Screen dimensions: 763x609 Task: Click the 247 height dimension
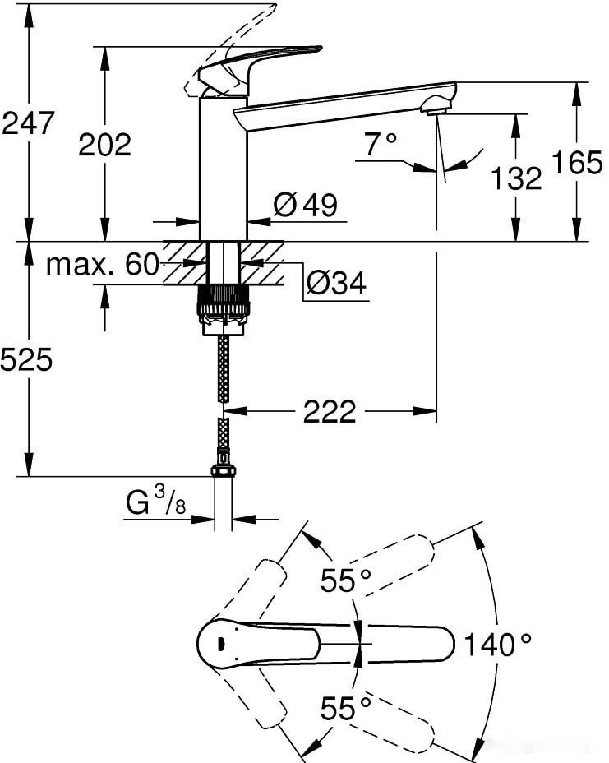click(x=28, y=123)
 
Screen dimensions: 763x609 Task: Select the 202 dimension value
click(x=104, y=145)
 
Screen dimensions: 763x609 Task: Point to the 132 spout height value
click(x=517, y=178)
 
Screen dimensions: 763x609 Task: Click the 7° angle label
click(x=381, y=146)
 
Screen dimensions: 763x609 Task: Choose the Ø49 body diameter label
click(x=305, y=206)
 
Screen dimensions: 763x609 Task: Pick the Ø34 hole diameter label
click(x=336, y=283)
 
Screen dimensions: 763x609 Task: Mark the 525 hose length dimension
click(x=26, y=359)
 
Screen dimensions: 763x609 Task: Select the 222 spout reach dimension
click(x=330, y=411)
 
